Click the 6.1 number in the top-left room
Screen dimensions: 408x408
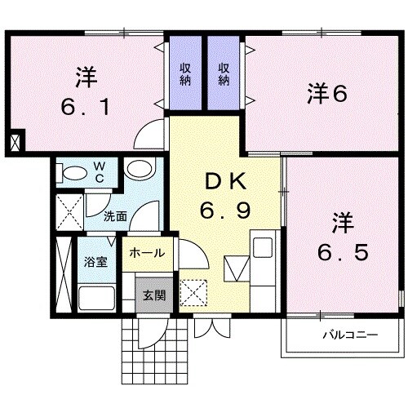86,107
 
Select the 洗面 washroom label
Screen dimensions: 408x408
115,217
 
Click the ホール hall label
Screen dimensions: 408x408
147,253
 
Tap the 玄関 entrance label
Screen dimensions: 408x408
153,295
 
